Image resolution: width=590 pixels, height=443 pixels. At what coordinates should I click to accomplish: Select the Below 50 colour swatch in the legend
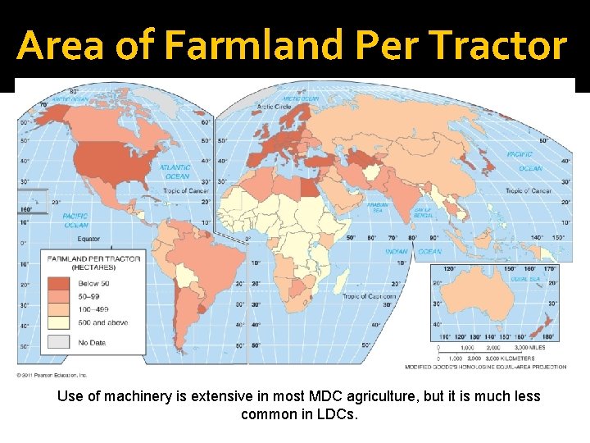60,283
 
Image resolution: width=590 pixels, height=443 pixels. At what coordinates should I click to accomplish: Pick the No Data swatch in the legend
60,342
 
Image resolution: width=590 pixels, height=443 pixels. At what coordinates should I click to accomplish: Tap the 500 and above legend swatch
60,322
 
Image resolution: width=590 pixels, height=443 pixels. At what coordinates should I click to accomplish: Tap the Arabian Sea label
377,207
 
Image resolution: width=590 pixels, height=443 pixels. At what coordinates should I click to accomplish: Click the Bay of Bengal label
423,212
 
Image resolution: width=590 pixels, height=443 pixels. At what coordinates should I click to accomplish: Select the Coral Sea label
524,279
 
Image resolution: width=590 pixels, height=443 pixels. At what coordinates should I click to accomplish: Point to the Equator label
88,240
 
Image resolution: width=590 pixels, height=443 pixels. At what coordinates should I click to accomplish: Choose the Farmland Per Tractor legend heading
93,263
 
